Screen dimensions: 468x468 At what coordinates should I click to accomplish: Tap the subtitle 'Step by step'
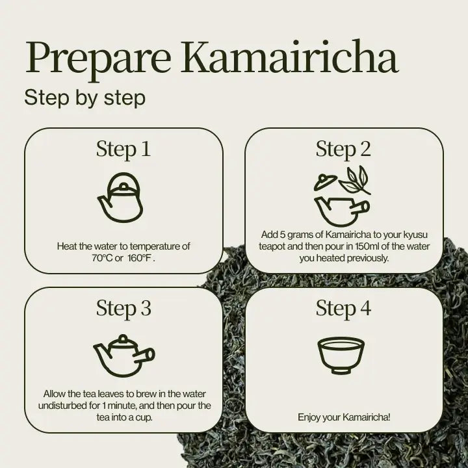tap(84, 97)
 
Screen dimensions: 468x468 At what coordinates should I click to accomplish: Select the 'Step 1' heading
tap(123, 149)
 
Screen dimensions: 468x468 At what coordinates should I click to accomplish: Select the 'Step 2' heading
tap(343, 149)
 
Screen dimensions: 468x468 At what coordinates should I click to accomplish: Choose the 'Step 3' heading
tap(123, 308)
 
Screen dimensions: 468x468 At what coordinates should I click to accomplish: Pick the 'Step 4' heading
tap(343, 308)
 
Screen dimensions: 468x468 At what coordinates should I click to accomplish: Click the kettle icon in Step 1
tap(120, 198)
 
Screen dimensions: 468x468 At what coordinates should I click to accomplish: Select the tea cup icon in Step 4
tap(341, 355)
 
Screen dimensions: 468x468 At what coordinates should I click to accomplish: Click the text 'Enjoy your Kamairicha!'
tap(344, 417)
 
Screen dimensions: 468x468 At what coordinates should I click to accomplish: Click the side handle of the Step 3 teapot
tap(149, 355)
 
